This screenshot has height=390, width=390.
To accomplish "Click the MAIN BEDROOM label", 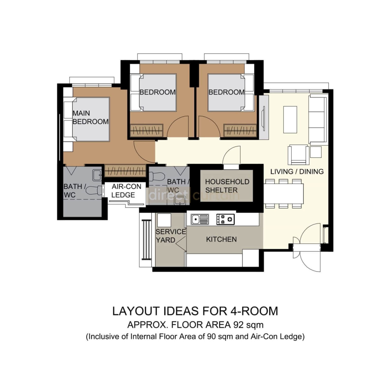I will (90, 117).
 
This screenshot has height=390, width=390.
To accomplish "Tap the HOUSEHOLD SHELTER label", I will (227, 186).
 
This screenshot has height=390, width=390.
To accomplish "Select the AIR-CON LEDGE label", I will (126, 191).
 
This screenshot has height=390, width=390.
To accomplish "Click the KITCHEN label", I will (221, 239).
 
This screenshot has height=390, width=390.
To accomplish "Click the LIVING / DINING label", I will (297, 172).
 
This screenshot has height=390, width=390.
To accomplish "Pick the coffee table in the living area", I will (290, 120).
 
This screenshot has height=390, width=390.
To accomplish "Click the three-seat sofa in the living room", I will (318, 119).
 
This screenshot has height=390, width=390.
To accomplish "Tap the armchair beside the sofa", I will (298, 155).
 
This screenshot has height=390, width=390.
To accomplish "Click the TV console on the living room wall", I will (264, 117).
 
